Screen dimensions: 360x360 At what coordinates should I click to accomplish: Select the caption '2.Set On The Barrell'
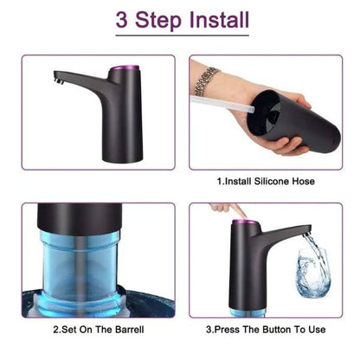pos(95,329)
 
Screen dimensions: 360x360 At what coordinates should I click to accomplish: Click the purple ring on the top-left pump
pos(128,67)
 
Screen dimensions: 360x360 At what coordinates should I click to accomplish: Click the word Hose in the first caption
pos(301,182)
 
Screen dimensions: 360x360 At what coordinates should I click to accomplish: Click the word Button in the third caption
pos(273,329)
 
